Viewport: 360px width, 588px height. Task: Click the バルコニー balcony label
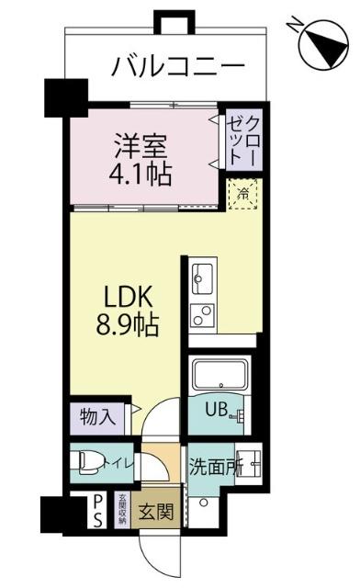coord(179,67)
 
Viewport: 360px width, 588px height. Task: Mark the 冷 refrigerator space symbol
coord(244,194)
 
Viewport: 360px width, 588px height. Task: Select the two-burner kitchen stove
coord(203,313)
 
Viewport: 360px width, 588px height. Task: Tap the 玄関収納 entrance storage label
coord(121,510)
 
